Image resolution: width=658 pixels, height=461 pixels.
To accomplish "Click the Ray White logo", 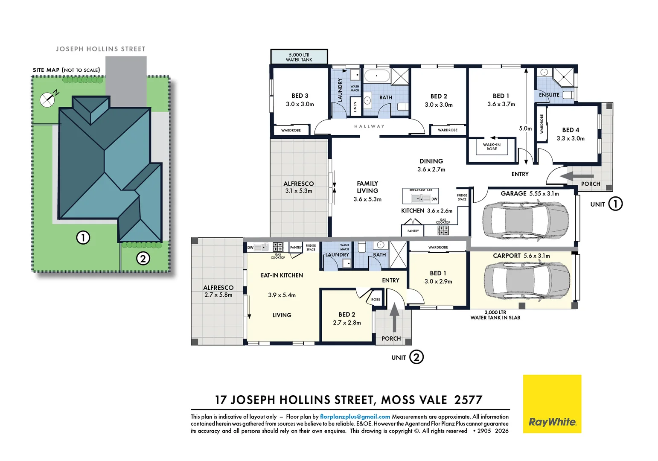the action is pos(552,404).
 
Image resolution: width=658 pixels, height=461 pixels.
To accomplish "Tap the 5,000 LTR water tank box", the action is pos(299,57).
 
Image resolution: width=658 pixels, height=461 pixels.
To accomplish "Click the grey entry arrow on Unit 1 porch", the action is pos(577,176).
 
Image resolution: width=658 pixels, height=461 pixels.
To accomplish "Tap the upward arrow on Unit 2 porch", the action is pos(394,317).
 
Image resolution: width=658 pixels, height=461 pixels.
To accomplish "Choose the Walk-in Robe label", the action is pos(492,146).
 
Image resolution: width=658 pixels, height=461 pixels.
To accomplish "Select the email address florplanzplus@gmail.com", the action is pos(355,417).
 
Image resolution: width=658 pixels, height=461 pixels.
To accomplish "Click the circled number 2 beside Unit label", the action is pos(416,357).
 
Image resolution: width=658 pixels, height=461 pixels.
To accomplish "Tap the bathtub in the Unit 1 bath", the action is pos(377,76).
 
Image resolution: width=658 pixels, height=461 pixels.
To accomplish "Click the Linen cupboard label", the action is pos(355,107).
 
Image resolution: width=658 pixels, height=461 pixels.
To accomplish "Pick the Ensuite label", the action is pos(549,95).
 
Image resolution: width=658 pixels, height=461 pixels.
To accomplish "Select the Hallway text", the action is pos(369,126).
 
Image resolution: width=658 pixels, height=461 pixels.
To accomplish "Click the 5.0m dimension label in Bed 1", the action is pos(525,128).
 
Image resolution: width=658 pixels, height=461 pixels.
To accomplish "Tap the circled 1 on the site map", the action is pos(83,237).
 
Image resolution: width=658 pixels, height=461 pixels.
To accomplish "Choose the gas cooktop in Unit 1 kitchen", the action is pos(443,230).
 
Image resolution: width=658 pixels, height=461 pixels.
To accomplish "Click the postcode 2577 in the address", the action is pos(468,400).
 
